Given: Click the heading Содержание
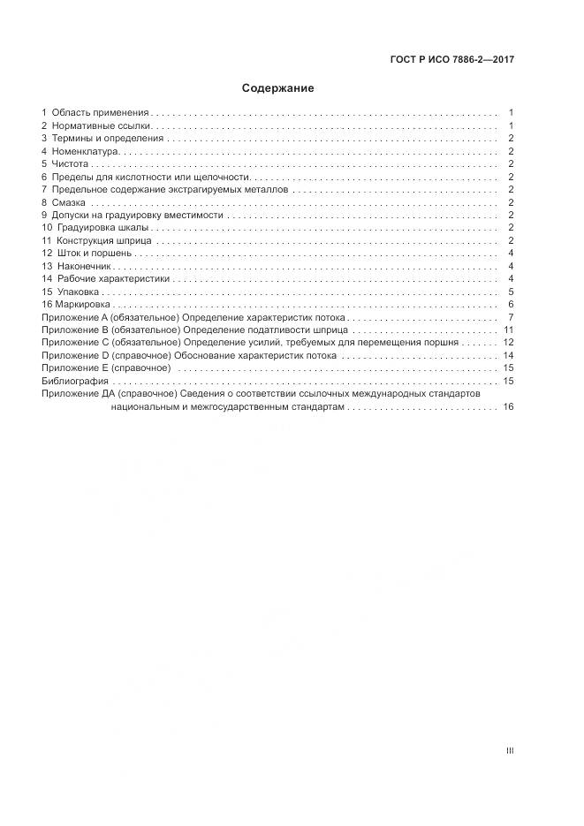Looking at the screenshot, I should (278, 88).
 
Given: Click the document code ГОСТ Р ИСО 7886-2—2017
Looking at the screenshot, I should (452, 60).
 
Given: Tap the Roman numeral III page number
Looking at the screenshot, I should (510, 751).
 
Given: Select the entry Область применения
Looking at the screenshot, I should (101, 113).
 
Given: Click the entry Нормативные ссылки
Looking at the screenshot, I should (102, 126).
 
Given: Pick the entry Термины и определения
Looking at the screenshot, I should (108, 139).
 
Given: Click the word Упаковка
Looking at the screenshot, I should (78, 292).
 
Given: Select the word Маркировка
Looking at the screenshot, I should (80, 304).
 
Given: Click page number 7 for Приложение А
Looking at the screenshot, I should (511, 317).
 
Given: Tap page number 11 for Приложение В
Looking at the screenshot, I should (509, 330).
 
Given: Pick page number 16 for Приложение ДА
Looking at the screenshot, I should (508, 406).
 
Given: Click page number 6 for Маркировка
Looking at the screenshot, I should (511, 304).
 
